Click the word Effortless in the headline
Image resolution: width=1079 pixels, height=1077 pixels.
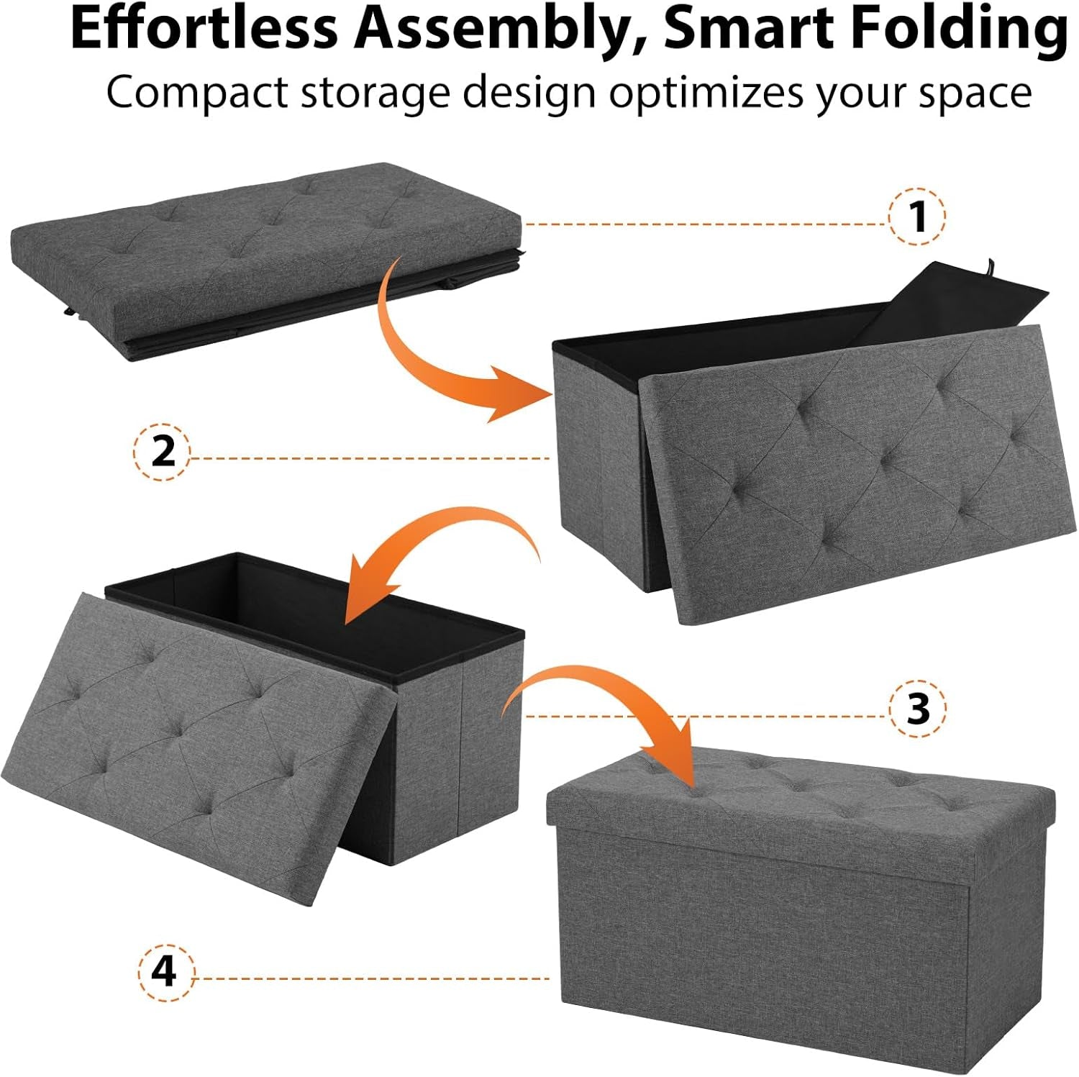[x=204, y=29]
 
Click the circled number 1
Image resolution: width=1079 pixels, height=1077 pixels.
[x=917, y=216]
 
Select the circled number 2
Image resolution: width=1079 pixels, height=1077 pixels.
[x=163, y=453]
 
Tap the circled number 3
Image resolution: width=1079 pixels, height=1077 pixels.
[x=918, y=709]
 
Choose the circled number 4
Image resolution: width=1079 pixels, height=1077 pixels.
[x=165, y=972]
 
